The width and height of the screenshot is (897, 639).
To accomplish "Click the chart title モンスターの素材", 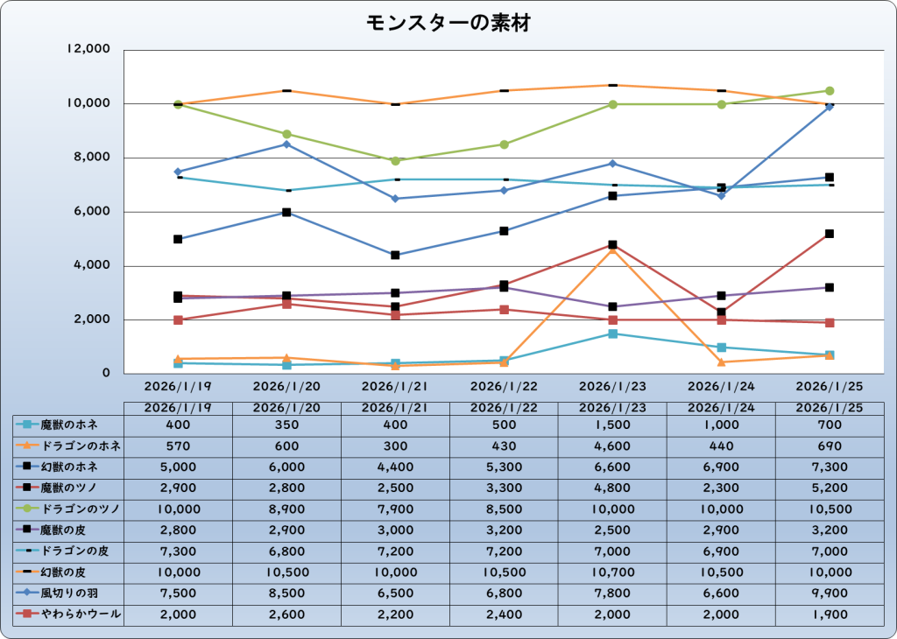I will [x=448, y=24].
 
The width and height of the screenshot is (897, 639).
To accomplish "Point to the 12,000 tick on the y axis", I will [x=88, y=50].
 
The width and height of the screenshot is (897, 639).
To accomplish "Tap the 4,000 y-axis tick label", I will [x=92, y=266].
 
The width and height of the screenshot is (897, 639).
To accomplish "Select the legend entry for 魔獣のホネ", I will [x=68, y=425].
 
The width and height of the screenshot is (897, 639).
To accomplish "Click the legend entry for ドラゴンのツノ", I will [x=68, y=509].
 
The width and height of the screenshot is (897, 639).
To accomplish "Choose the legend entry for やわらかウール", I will [x=68, y=615].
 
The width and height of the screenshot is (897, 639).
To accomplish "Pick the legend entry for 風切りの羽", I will [x=68, y=594].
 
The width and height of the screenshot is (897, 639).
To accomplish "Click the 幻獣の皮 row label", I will [x=68, y=573].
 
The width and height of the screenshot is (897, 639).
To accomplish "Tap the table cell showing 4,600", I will [x=612, y=446].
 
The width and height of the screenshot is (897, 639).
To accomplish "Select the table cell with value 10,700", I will [x=612, y=573].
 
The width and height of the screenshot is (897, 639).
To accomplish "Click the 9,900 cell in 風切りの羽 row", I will [x=829, y=594].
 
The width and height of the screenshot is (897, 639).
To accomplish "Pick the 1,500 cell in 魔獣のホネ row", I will [x=612, y=425].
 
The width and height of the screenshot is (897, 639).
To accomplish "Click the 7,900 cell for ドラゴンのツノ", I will [x=395, y=509].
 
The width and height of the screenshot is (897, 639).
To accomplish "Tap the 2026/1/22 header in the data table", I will [x=504, y=408].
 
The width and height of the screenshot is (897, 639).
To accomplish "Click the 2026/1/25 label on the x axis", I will [x=829, y=385].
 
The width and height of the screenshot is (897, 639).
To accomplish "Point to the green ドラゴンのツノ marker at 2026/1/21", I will [x=395, y=161].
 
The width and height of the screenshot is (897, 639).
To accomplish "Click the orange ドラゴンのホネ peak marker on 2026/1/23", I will [x=612, y=249].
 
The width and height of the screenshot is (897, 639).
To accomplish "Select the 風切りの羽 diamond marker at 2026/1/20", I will [x=286, y=144].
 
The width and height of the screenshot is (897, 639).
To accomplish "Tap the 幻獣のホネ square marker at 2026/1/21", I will [x=395, y=255].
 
